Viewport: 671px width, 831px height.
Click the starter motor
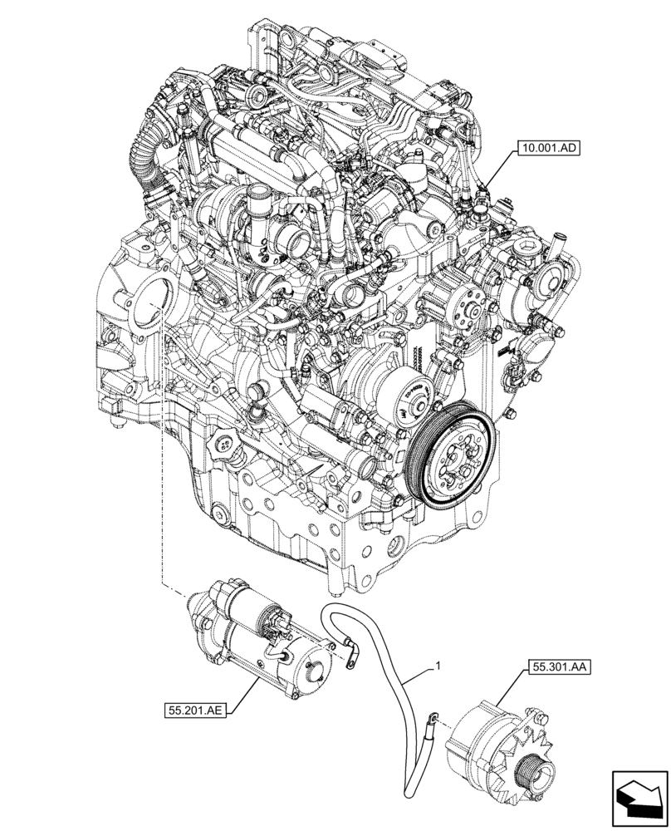click(x=249, y=632)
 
